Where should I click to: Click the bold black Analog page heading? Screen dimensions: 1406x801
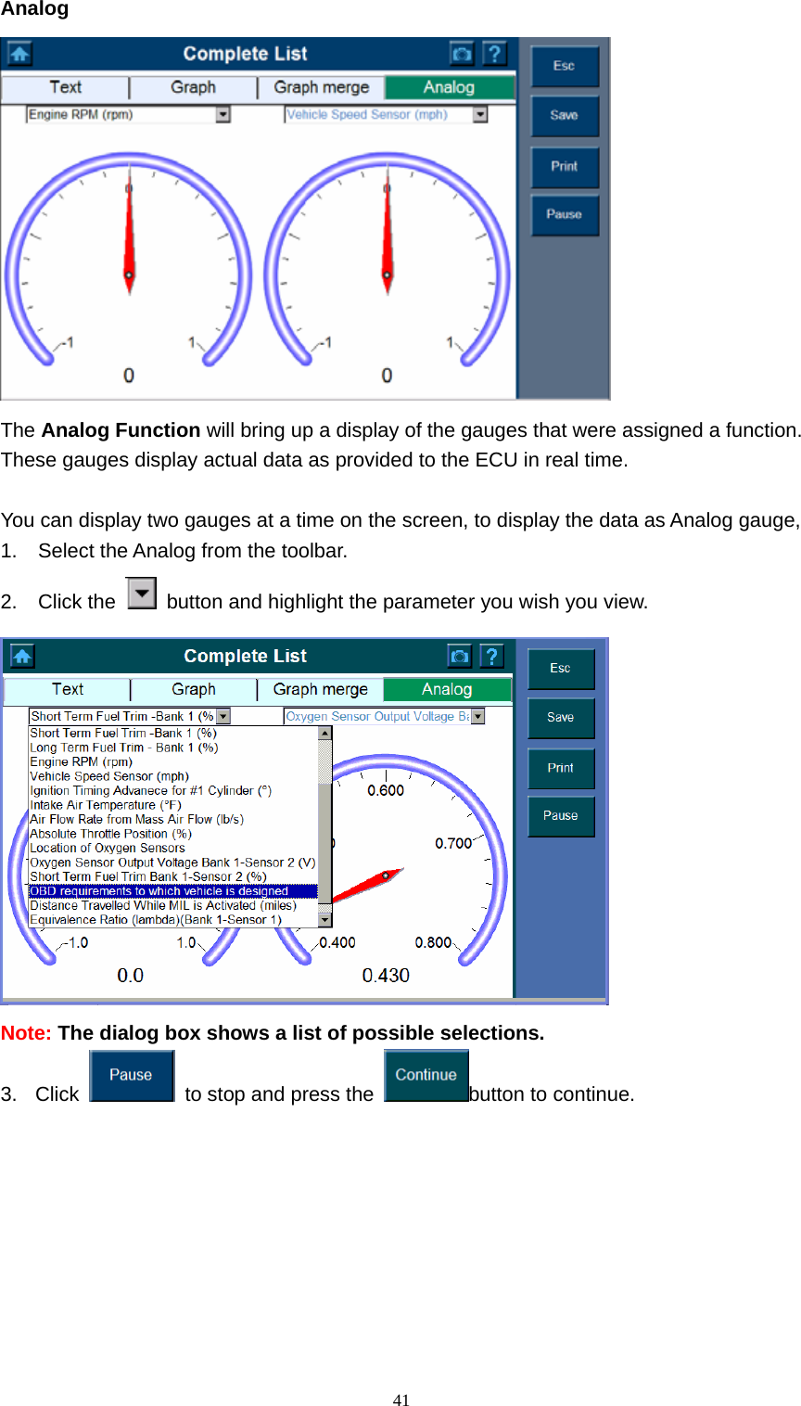tap(34, 10)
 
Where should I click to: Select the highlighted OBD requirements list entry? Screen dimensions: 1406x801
tap(159, 891)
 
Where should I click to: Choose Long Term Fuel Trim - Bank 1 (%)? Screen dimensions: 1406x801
tap(124, 748)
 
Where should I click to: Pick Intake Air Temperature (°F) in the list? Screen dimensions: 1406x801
tap(106, 805)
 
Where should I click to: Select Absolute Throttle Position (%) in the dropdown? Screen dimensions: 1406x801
tap(111, 834)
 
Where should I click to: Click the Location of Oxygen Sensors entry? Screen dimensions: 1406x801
tap(108, 848)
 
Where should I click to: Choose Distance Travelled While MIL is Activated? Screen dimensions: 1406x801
tap(163, 905)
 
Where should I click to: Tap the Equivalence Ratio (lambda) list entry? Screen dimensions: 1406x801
tap(155, 920)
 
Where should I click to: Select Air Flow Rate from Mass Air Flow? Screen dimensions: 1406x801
tap(137, 819)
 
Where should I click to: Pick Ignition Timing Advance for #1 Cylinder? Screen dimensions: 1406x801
tap(151, 791)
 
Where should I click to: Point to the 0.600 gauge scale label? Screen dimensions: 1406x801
tap(386, 791)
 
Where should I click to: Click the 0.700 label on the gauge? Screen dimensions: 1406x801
tap(453, 843)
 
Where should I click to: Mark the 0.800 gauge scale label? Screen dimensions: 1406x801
tap(433, 943)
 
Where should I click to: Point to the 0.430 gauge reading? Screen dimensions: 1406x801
tap(386, 976)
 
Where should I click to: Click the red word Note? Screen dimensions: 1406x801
tap(26, 1033)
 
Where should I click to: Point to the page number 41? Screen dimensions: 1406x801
tap(400, 1400)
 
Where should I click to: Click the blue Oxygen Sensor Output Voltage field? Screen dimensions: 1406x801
tap(376, 716)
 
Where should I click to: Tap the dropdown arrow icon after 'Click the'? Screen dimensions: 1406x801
tap(142, 594)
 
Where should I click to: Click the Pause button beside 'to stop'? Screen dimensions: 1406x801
tap(132, 1076)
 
